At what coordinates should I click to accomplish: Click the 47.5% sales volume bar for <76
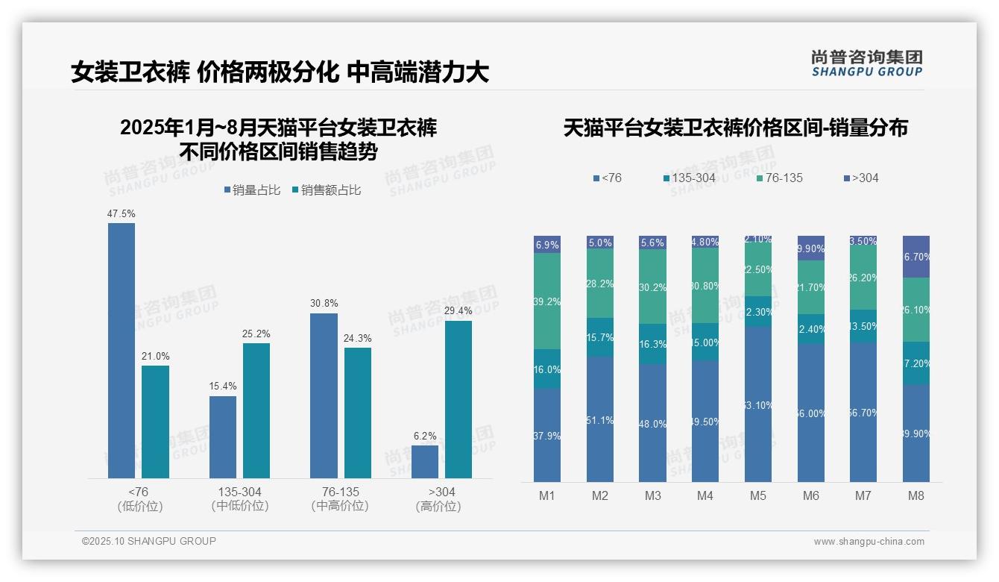[x=122, y=351]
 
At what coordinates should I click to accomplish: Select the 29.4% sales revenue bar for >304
[x=458, y=399]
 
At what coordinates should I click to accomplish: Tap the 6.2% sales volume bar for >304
[x=425, y=462]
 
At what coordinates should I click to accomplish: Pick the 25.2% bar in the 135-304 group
[x=256, y=410]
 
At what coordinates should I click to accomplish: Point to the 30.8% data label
[x=324, y=304]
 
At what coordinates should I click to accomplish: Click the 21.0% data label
[x=156, y=356]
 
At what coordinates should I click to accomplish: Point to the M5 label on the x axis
[x=758, y=496]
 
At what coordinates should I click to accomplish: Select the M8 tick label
[x=916, y=496]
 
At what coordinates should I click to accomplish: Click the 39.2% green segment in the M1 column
[x=547, y=301]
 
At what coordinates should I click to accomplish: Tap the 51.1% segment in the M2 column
[x=600, y=419]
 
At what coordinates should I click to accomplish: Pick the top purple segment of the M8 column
[x=916, y=257]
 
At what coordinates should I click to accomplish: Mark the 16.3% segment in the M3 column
[x=652, y=344]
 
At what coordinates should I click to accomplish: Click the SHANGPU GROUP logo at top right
[x=866, y=63]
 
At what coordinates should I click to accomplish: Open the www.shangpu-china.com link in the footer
[x=869, y=542]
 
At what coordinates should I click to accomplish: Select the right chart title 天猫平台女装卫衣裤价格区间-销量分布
[x=735, y=128]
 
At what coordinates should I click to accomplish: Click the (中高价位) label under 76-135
[x=340, y=507]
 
